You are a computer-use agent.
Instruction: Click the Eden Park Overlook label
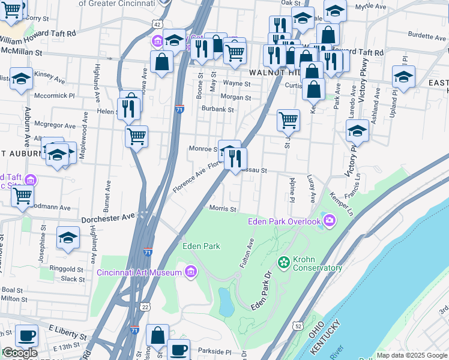coord(285,222)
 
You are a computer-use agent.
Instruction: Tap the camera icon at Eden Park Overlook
coord(329,222)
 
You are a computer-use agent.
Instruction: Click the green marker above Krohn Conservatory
coord(283,262)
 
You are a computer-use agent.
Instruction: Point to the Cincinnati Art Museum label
coord(139,273)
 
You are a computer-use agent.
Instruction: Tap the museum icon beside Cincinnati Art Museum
coord(191,272)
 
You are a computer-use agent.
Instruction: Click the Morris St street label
coord(222,209)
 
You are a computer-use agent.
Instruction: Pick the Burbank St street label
coord(217,110)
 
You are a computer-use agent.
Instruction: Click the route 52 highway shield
coord(298,325)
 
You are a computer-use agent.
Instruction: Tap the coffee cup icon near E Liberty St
coord(25,335)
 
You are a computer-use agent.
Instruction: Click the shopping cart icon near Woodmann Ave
coord(22,195)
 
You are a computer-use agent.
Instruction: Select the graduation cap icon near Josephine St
coord(68,237)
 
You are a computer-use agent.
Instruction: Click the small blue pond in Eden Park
coord(226,302)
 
